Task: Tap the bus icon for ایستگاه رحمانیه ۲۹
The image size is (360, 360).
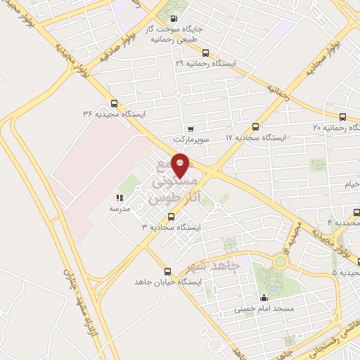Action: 205,53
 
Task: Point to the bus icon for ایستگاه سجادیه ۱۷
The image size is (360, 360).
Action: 255,127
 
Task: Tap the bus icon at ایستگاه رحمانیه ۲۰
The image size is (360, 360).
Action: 342,117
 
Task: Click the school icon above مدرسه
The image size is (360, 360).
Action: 119,198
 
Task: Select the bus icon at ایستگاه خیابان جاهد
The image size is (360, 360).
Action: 167,271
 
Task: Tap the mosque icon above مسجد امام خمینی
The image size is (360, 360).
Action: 264,297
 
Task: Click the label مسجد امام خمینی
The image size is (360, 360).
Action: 264,308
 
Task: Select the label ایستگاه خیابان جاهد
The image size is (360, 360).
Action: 168,282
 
